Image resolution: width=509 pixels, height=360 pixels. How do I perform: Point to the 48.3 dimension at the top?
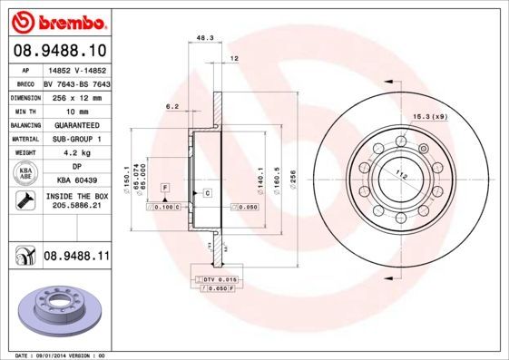[205, 38]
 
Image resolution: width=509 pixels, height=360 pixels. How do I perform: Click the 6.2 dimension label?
[171, 106]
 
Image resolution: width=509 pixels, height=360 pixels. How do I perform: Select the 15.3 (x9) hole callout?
[430, 115]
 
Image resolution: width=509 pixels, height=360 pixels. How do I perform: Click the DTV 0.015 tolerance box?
[220, 279]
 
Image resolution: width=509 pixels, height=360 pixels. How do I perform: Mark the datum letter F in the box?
[166, 186]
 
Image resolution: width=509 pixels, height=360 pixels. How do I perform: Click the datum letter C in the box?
[207, 193]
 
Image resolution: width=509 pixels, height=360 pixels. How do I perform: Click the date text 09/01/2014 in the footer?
[62, 355]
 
